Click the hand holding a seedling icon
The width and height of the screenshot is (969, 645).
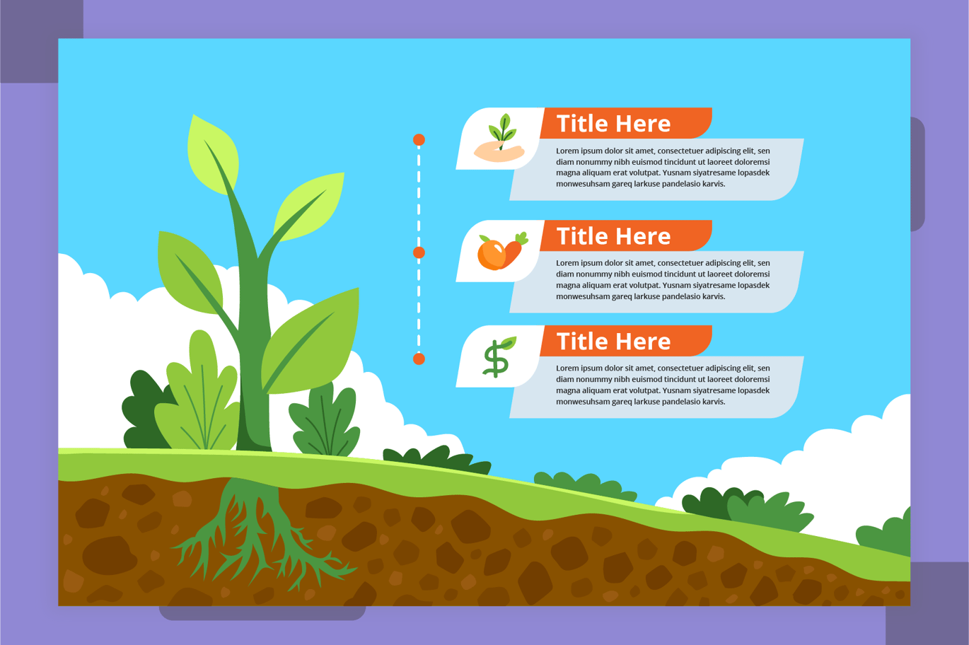coord(500,139)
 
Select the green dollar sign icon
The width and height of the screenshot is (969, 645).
coord(498,356)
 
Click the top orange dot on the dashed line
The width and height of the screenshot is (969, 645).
coord(419,140)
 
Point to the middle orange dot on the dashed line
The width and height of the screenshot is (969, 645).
coord(419,252)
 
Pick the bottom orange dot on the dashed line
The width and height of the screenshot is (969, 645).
coord(419,359)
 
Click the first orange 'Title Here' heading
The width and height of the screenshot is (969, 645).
coord(613,124)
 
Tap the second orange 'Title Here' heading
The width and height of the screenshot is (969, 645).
coord(613,236)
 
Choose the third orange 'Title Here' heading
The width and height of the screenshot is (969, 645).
coord(613,342)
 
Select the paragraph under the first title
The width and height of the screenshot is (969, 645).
coord(662,168)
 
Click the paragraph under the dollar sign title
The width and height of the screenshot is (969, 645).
coord(662,385)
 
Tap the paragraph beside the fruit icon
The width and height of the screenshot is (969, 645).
coord(662,280)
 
